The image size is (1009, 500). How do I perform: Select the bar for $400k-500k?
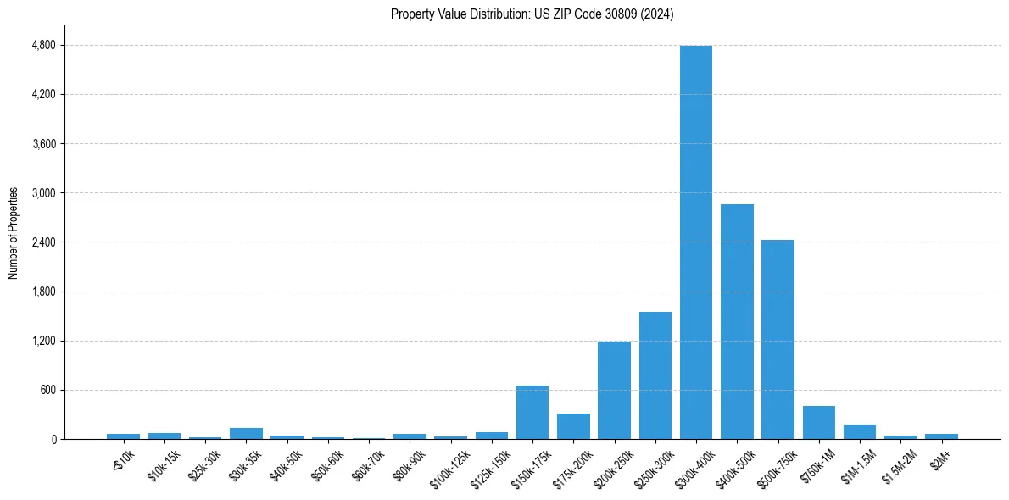(x=737, y=322)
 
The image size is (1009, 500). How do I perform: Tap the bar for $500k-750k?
(x=778, y=339)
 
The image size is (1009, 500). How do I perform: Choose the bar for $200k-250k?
(x=614, y=390)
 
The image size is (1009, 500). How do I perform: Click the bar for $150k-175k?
(x=532, y=413)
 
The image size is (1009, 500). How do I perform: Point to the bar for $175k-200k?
(x=573, y=426)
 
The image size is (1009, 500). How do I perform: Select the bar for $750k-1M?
(x=819, y=423)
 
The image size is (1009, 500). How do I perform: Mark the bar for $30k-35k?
(x=246, y=434)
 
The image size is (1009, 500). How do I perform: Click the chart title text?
(x=532, y=14)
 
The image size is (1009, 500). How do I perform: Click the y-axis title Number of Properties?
(x=14, y=232)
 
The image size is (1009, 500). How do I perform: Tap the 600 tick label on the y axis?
(x=47, y=391)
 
